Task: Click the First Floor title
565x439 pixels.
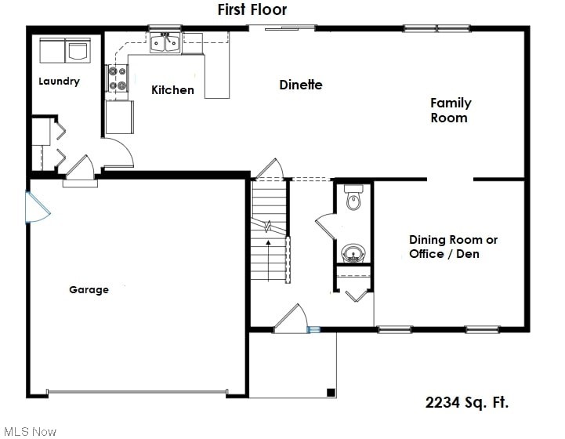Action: coord(252,9)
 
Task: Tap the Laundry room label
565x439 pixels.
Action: coord(59,81)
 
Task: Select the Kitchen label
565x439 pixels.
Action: coord(172,89)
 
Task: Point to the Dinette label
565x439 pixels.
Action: coord(301,85)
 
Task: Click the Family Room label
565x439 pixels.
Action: coord(451,111)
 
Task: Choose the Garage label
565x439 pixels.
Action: coord(89,290)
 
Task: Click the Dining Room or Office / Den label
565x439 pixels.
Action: coord(453,247)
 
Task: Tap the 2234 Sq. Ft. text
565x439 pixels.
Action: coord(467,402)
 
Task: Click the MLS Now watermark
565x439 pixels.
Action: coord(31,431)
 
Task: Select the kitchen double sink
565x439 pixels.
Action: coord(165,43)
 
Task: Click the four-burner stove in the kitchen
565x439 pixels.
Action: coord(117,78)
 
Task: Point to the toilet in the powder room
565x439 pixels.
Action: coord(353,198)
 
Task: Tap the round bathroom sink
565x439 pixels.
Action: coord(353,253)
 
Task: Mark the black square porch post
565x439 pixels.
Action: coord(331,393)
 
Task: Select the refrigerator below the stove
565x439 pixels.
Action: coord(120,117)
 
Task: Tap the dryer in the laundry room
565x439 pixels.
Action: coord(78,50)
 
